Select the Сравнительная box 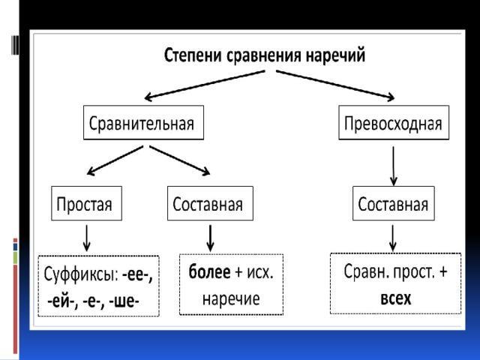coord(143,123)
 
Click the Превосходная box coord(394,123)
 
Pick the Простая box coord(86,204)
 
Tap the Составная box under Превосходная coord(394,204)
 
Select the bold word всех coord(396,298)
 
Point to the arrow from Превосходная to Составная coord(394,165)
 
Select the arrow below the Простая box coord(87,238)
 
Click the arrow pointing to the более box coord(210,238)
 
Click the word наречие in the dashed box coord(232,298)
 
